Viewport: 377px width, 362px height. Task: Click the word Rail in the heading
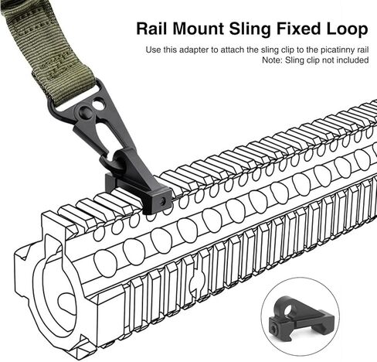(x=152, y=29)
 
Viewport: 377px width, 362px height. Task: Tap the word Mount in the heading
(x=199, y=29)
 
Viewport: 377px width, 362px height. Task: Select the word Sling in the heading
(x=250, y=29)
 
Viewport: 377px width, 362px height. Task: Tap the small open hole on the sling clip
(x=98, y=104)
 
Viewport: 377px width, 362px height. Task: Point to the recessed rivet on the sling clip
(x=85, y=111)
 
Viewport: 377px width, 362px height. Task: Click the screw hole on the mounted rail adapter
(x=162, y=201)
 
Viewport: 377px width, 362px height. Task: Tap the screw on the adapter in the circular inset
(x=273, y=329)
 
